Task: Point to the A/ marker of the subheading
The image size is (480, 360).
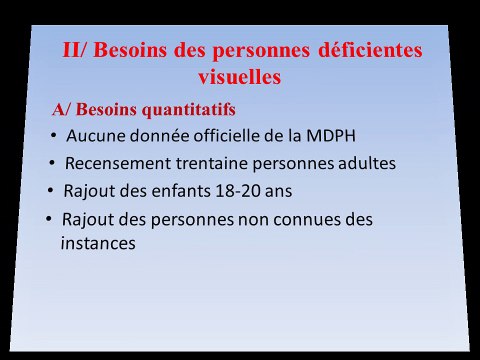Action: tap(62, 108)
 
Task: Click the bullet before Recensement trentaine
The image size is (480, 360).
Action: tap(53, 162)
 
